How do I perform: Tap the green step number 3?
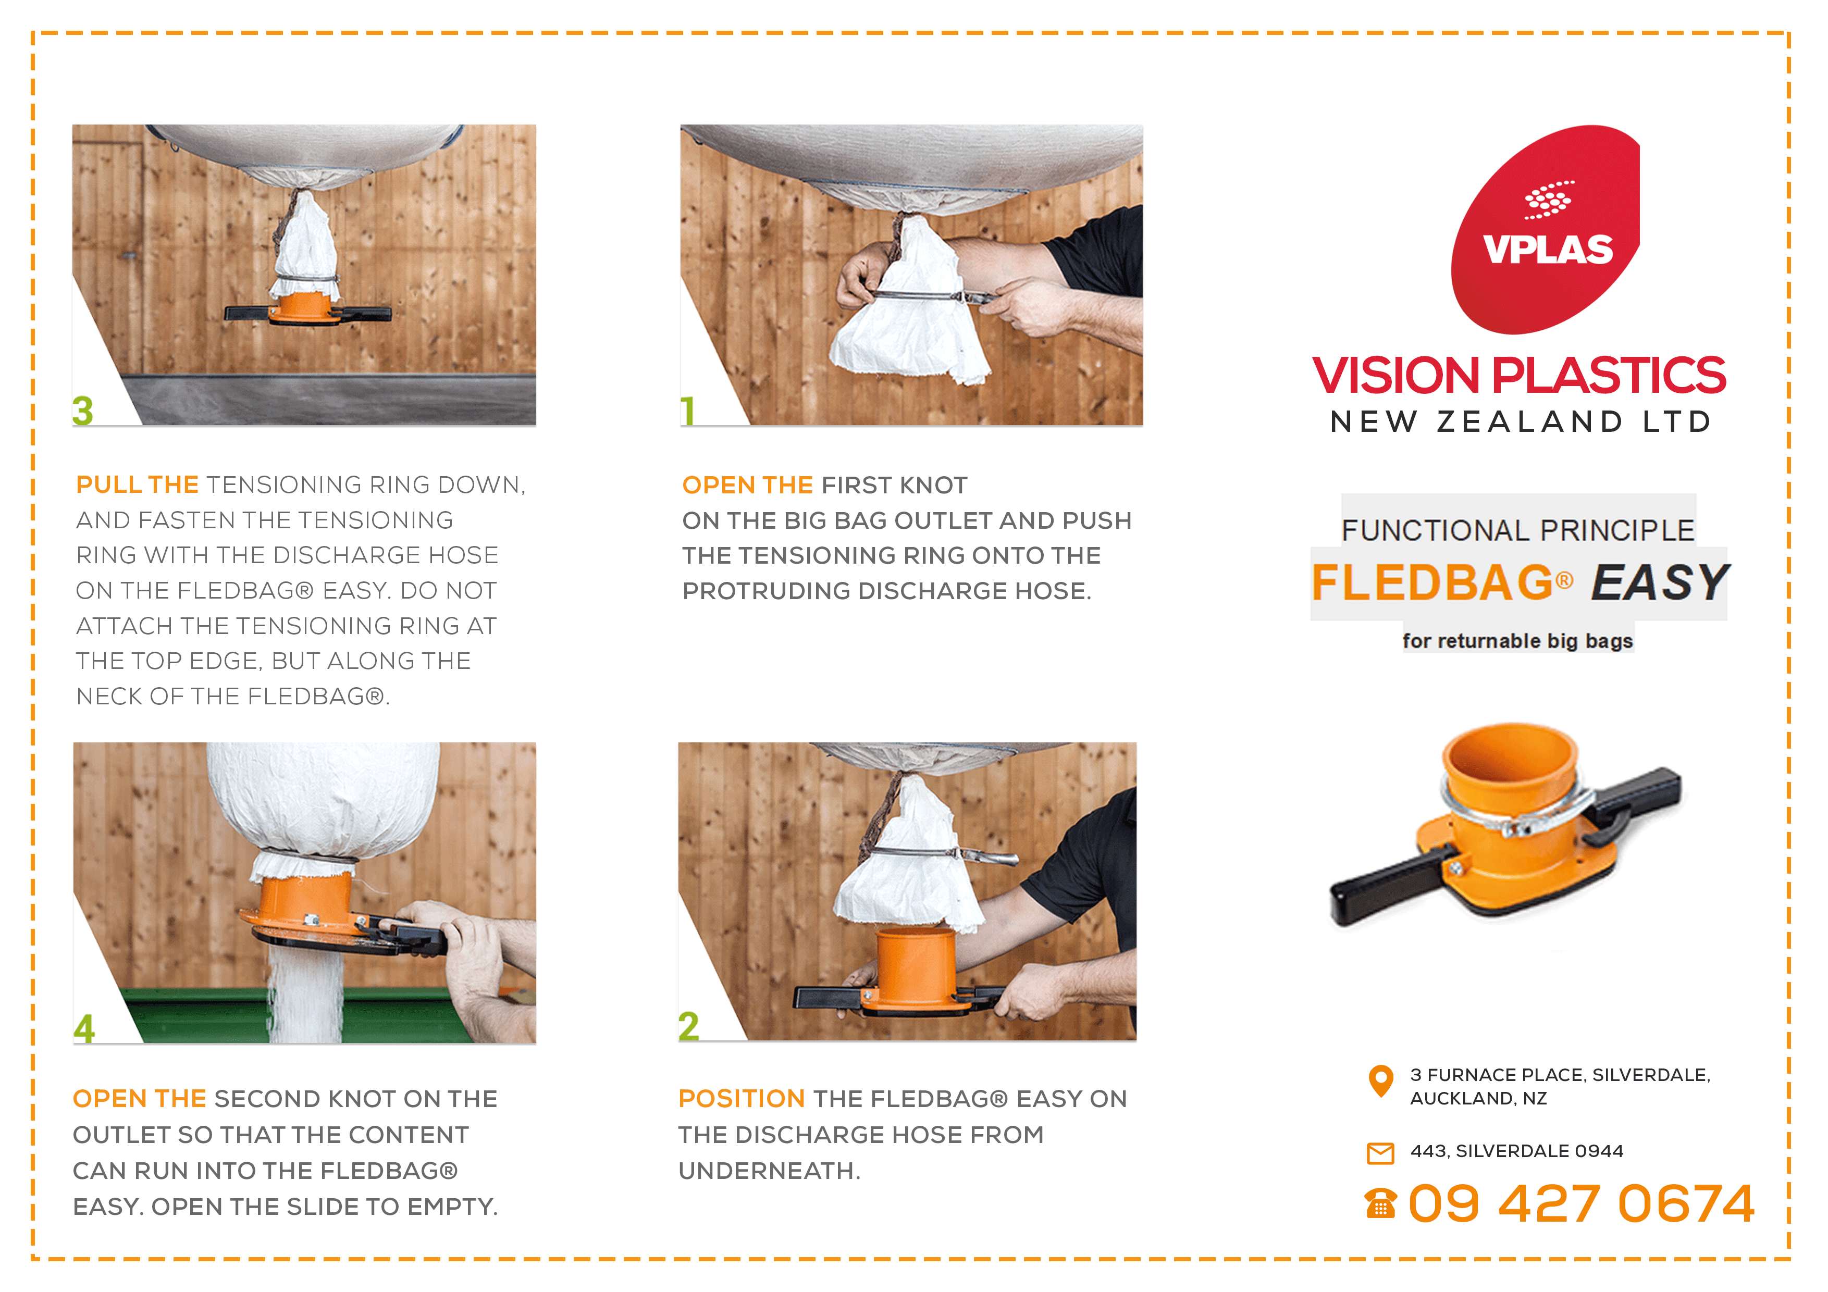(83, 411)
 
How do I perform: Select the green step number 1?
(688, 411)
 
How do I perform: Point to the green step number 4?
(84, 1028)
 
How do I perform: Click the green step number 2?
(689, 1026)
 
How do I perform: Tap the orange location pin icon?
(1380, 1081)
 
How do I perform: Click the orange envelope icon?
(1380, 1153)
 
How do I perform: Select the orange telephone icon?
(1380, 1203)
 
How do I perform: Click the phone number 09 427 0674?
(1581, 1203)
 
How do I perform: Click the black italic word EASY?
(1659, 582)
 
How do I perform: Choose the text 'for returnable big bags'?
(1517, 641)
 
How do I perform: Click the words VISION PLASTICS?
(1519, 375)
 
